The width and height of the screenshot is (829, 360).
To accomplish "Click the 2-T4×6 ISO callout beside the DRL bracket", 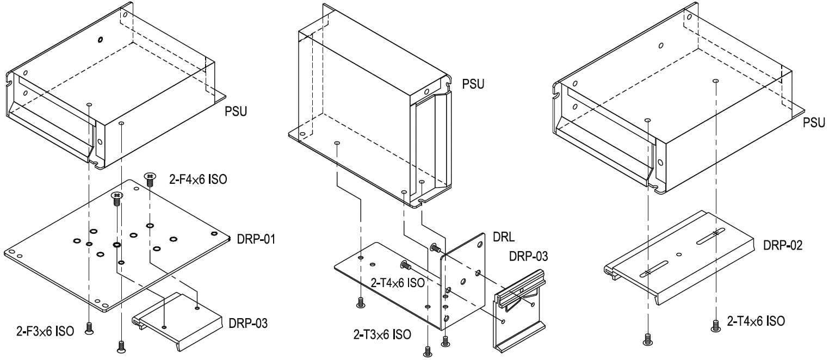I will click(399, 283).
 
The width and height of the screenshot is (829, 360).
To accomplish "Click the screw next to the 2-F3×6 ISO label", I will click(89, 327).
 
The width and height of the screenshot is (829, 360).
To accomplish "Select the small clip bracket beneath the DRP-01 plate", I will click(177, 315).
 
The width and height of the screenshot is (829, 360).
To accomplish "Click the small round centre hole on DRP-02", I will click(678, 254).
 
